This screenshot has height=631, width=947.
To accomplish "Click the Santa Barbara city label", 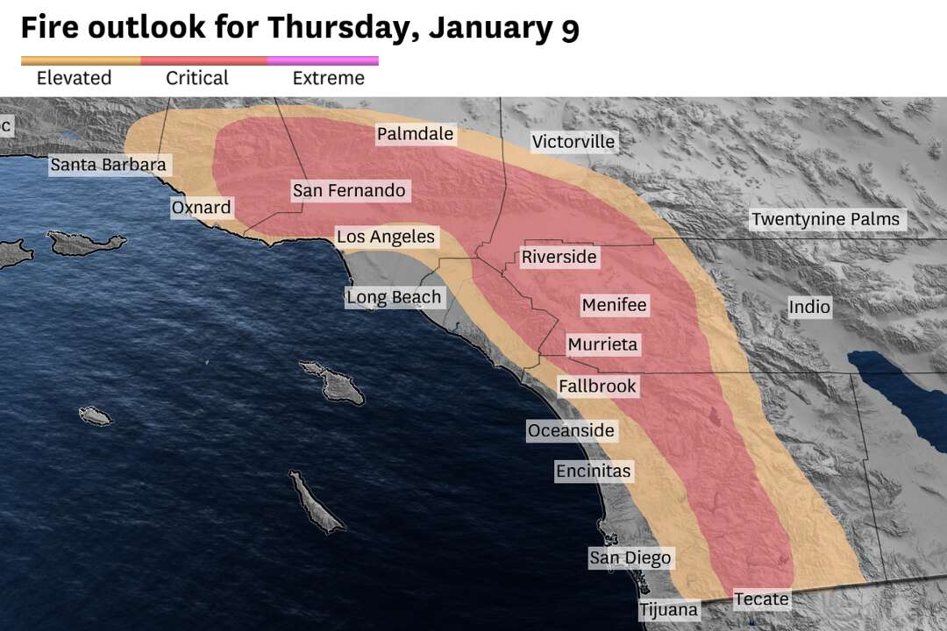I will pos(108,165).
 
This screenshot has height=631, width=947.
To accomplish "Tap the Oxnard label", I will pos(202,208).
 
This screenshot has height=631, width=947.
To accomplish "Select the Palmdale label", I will pos(416,134).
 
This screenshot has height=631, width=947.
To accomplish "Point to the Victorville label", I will pos(573,142).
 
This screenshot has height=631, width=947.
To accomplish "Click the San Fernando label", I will pos(349,191).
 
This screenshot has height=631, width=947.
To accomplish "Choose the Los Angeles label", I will pos(386,237).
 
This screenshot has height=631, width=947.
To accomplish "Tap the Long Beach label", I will pos(394,298).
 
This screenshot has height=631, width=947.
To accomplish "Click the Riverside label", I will pos(559,258).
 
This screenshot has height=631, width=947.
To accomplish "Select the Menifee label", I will pos(614,305).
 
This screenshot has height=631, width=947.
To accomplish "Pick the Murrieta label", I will pos(602,344).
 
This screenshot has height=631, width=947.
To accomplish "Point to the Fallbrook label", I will pos(597,386).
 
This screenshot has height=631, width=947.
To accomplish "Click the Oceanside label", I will pos(571,431).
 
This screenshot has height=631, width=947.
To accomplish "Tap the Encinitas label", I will pos(593,471).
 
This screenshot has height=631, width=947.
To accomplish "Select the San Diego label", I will pos(630,558).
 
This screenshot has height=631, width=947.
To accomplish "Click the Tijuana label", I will pos(668,610).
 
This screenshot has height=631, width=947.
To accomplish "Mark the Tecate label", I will pos(760,599).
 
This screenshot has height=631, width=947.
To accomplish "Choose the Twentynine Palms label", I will pos(825,220).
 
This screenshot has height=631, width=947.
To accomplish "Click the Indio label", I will pos(808,308).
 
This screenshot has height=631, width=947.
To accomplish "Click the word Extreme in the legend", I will pos(328,78).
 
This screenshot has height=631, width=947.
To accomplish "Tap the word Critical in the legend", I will pos(196,78).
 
